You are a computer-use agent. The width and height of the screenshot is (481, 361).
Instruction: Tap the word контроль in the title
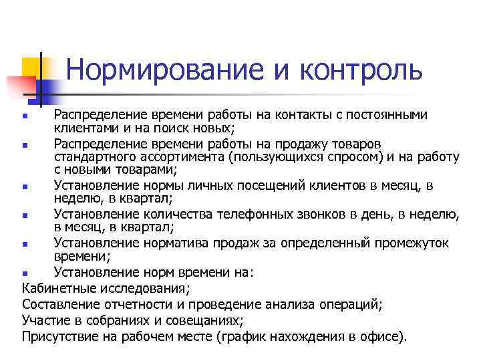point(361,70)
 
